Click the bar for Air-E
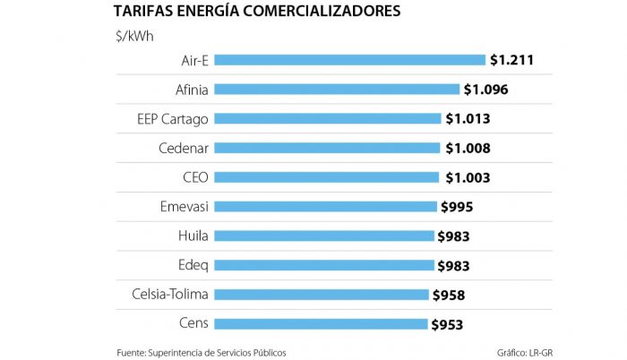coord(349,60)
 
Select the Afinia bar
coord(336,90)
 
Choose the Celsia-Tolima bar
coord(321,295)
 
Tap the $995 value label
coord(457,207)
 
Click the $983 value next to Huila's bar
coord(453,236)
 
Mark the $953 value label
coord(448,324)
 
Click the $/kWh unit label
coord(133,36)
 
